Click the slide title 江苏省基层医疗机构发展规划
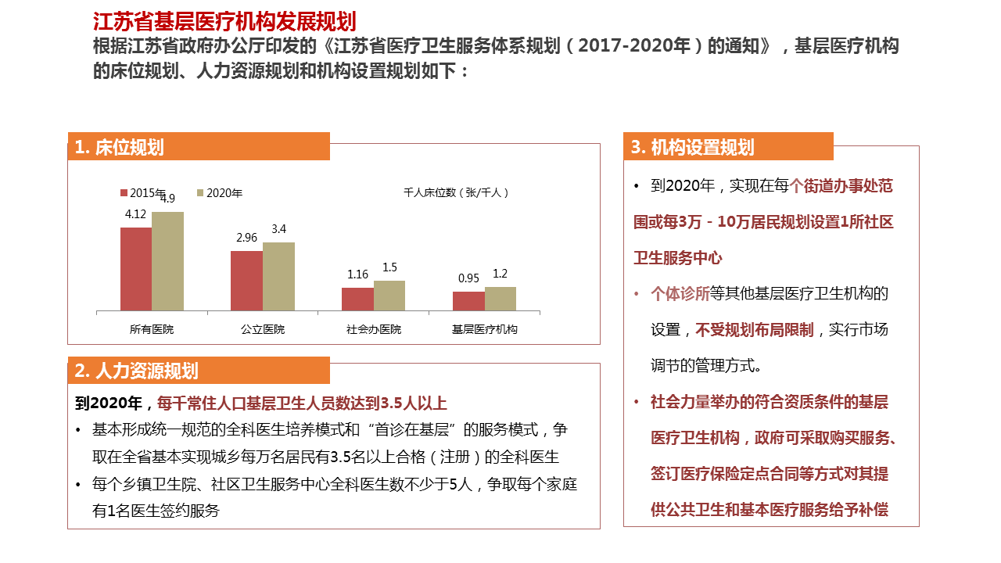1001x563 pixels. [224, 21]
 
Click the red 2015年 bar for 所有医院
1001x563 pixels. [136, 269]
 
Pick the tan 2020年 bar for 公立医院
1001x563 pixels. [278, 276]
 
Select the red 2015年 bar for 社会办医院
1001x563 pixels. [357, 299]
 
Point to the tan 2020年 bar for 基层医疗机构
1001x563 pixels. [500, 299]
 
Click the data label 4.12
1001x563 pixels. [136, 213]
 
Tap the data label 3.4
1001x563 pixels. [278, 229]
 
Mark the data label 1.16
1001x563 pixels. [357, 274]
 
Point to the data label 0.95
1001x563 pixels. [468, 278]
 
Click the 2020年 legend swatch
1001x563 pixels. [201, 192]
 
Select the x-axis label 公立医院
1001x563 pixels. [263, 329]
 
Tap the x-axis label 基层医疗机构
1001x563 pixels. [485, 329]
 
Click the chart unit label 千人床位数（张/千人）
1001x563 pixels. [457, 192]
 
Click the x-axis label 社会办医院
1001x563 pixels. [374, 329]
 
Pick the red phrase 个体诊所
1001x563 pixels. [680, 294]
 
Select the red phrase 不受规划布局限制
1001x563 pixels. [755, 329]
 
